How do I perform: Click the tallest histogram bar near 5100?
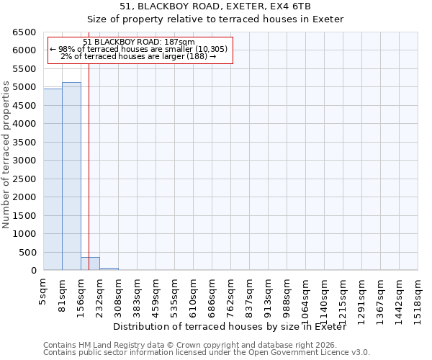(71, 176)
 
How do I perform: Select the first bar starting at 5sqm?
(53, 179)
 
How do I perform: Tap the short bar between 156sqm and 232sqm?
(90, 264)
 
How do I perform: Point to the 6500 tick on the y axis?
(24, 32)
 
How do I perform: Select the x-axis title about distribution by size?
(230, 327)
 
